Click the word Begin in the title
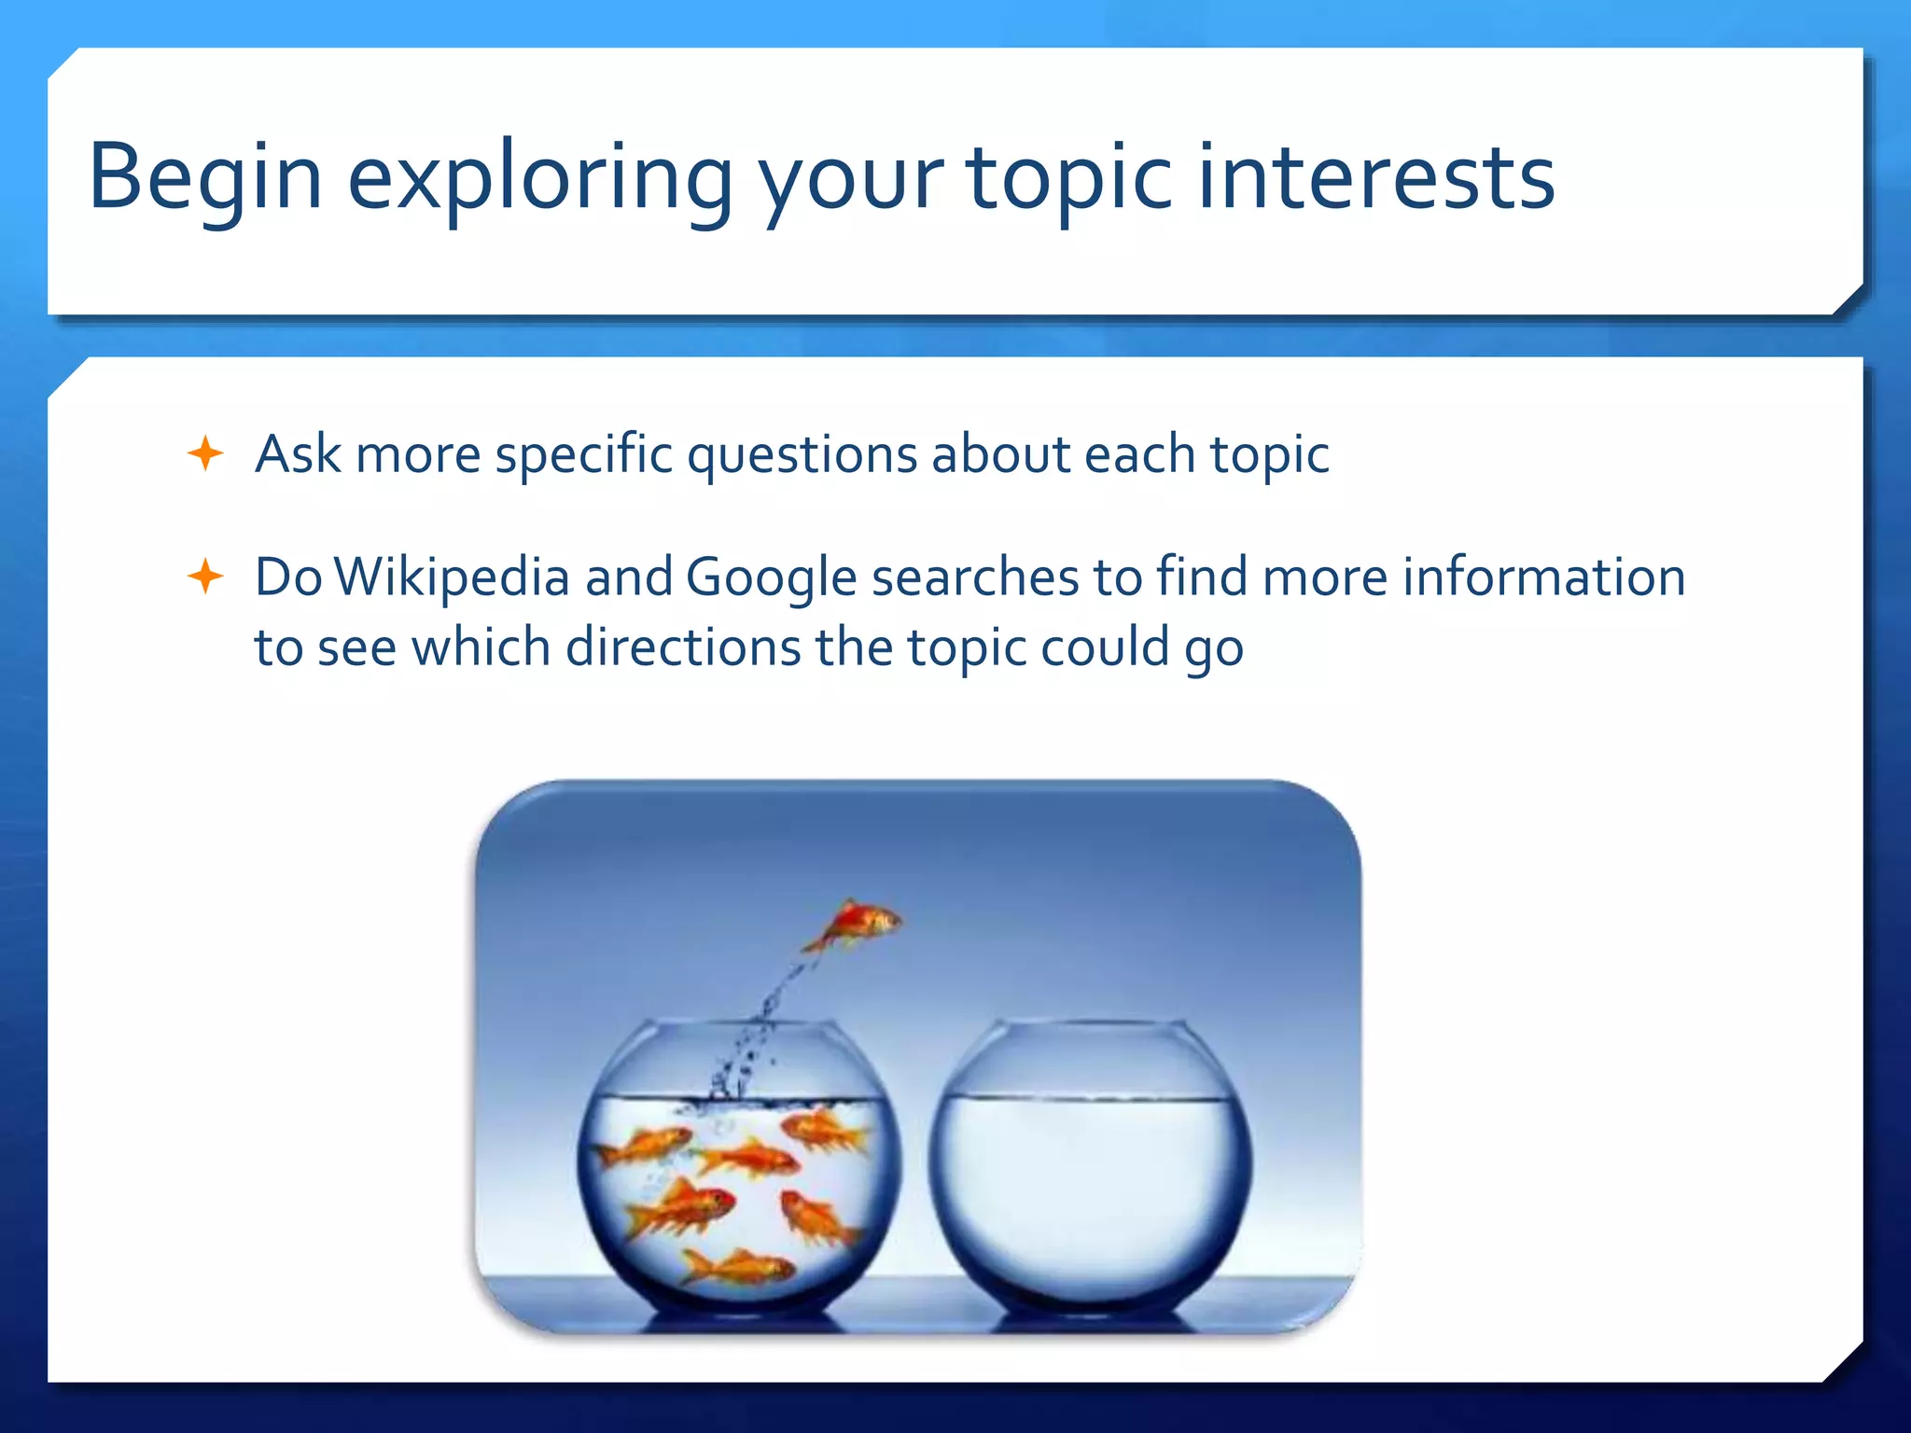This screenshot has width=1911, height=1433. click(x=205, y=177)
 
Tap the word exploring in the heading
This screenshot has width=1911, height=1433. click(x=539, y=177)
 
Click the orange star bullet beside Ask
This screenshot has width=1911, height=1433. click(x=205, y=454)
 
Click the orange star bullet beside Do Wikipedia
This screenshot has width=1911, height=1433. click(x=205, y=577)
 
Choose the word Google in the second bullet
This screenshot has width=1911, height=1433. click(x=771, y=577)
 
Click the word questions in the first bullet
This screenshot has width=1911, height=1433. click(x=802, y=454)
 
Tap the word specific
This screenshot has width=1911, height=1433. click(x=583, y=454)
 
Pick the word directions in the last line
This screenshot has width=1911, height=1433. click(x=683, y=647)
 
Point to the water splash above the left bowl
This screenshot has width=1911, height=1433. click(x=746, y=1054)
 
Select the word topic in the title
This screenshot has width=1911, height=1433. click(x=1068, y=177)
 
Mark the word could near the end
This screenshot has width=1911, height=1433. click(x=1105, y=647)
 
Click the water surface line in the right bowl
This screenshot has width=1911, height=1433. click(x=1091, y=1098)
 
